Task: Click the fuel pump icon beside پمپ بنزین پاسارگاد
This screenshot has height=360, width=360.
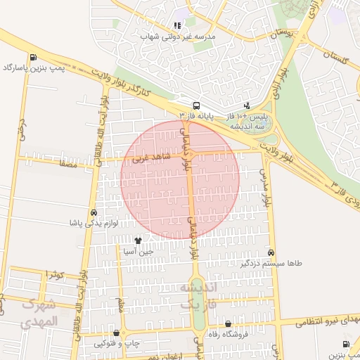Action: (x=33, y=58)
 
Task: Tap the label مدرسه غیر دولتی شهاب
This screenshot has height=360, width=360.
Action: (x=179, y=35)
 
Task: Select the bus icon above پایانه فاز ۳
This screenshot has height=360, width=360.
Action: (x=196, y=103)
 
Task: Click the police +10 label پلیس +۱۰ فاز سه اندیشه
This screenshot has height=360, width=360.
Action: (x=245, y=120)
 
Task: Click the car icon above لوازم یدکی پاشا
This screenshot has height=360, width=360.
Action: (x=94, y=212)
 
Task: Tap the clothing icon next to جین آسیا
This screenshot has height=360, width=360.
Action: (x=138, y=240)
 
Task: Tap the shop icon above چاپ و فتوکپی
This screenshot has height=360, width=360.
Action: (x=117, y=333)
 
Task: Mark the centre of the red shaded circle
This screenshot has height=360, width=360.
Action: (x=180, y=179)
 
